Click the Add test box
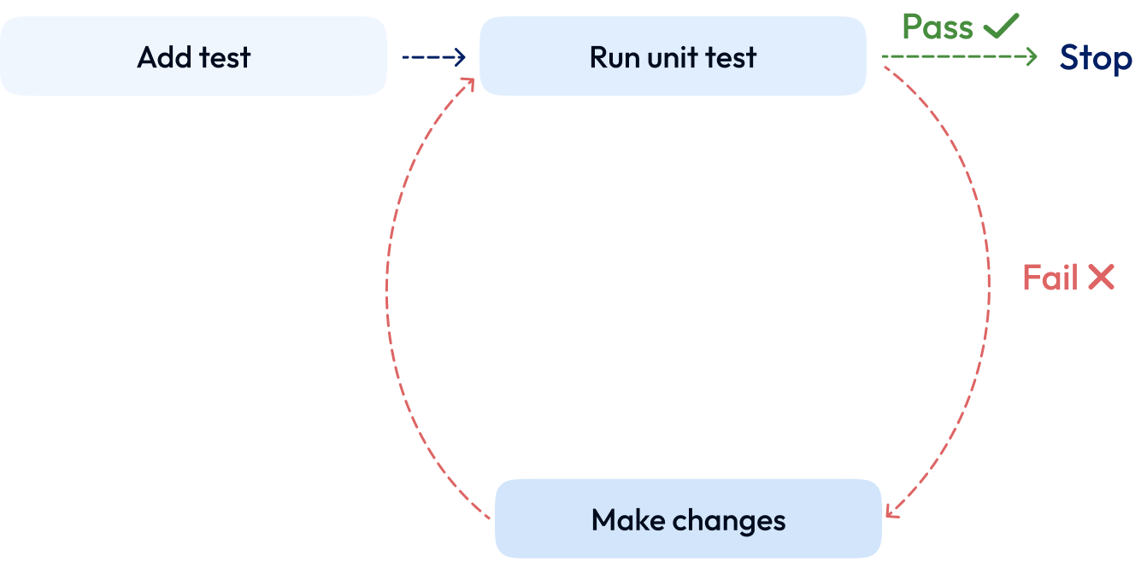point(193,56)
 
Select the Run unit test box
point(673,56)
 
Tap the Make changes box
point(688,519)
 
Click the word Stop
point(1096,59)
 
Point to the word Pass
point(938,27)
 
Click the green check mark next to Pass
point(1001,26)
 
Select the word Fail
point(1050,278)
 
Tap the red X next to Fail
point(1102,277)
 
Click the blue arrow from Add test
point(432,57)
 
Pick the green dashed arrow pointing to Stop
point(957,56)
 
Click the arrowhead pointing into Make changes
point(891,511)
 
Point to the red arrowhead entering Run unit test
point(468,83)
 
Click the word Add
point(163,57)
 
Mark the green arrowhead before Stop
point(1032,57)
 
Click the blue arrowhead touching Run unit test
point(460,57)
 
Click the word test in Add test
point(224,57)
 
